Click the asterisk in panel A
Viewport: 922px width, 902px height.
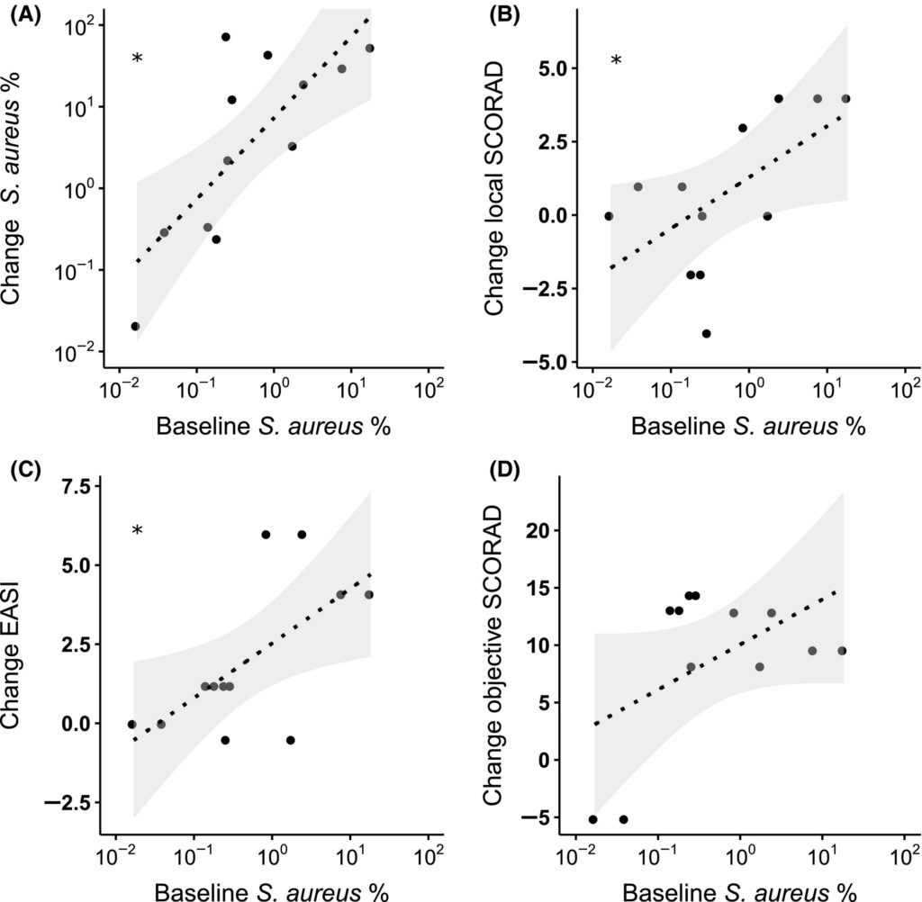pos(137,59)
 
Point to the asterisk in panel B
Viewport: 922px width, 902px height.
pos(616,61)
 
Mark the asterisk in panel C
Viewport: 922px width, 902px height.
pos(137,531)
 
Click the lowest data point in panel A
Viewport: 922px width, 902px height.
pos(135,326)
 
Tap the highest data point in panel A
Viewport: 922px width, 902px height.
pos(226,37)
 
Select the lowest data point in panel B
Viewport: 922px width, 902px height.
pos(707,333)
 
